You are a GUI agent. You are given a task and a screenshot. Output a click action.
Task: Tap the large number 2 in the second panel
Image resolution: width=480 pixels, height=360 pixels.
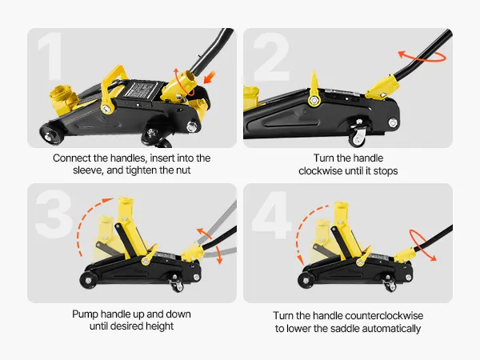tap(271, 57)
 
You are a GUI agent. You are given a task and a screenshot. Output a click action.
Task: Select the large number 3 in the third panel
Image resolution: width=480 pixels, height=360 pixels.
tap(54, 214)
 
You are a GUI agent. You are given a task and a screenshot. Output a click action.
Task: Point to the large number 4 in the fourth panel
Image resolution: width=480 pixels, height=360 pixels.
tap(271, 215)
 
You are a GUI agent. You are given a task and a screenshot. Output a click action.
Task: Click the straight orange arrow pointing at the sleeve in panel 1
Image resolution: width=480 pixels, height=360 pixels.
tap(210, 77)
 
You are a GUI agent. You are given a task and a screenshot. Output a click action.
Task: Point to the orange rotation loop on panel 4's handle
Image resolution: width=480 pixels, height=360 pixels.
tap(422, 245)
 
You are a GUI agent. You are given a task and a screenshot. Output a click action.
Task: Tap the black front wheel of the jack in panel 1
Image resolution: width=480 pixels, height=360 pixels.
tap(51, 134)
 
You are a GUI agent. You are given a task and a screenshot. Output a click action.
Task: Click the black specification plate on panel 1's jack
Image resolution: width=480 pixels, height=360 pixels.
tap(142, 90)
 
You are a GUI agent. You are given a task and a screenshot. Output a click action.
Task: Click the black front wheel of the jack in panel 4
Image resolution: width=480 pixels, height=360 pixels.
tap(306, 279)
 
